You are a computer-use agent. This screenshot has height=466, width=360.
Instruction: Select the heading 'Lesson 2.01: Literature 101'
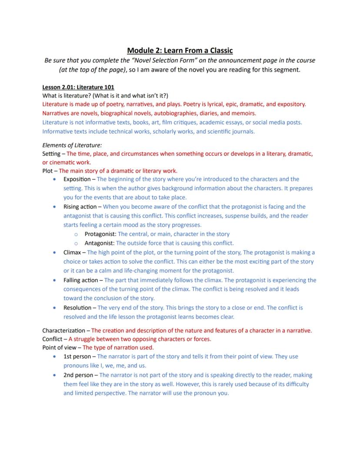[78, 87]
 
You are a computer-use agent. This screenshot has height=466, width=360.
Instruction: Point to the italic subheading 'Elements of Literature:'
[72, 145]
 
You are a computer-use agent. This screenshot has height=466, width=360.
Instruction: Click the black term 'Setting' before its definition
[52, 154]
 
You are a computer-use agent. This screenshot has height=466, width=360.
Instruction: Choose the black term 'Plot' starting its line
[48, 171]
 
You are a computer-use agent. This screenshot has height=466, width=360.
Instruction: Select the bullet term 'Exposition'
[77, 179]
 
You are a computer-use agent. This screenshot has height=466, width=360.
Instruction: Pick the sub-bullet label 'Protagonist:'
[100, 234]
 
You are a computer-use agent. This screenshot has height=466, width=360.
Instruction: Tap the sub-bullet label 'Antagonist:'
[100, 243]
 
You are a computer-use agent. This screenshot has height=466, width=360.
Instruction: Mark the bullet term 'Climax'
[72, 252]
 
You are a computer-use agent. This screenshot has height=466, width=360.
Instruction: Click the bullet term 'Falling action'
[81, 280]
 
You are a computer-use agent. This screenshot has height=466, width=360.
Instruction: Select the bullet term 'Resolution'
[77, 308]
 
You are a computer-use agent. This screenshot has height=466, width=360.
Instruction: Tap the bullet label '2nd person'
[78, 375]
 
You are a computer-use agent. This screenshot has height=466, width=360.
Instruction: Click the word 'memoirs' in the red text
[244, 113]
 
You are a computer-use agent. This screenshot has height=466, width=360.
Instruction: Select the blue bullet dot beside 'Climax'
[54, 252]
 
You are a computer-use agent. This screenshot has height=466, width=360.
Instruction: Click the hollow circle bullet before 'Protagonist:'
[76, 235]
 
